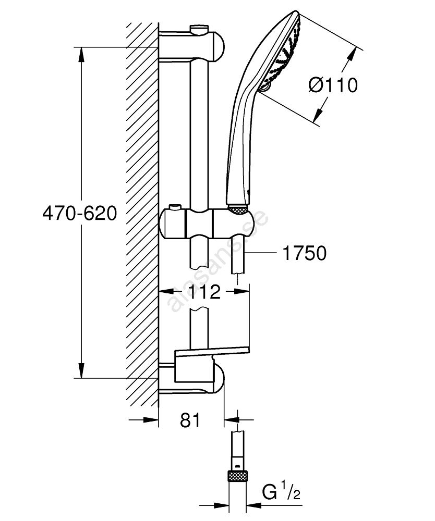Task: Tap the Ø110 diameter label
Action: tap(333, 84)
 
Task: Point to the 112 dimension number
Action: tap(204, 292)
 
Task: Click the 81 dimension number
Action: tap(190, 420)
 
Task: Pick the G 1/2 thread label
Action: tap(282, 491)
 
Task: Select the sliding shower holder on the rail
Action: tap(209, 222)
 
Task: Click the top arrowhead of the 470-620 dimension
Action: tap(81, 52)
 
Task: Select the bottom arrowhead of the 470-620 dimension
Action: tap(81, 372)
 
